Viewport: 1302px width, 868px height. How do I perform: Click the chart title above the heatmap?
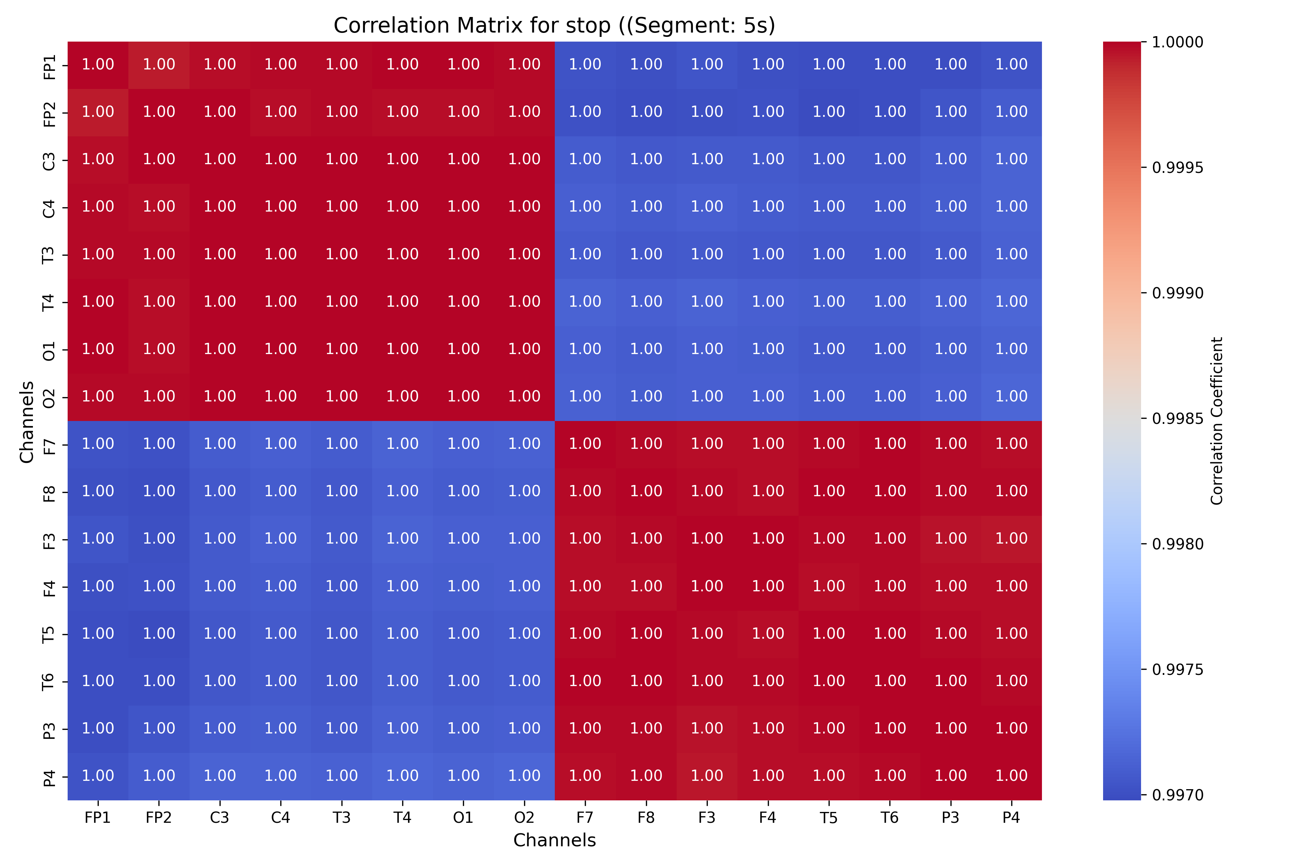(554, 25)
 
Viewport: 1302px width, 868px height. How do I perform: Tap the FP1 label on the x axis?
(98, 818)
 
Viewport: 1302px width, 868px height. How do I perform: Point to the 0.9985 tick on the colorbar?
(1178, 418)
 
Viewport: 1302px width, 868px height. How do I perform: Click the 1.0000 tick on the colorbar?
(1178, 42)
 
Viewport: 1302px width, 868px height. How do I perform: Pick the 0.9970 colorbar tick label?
(1178, 795)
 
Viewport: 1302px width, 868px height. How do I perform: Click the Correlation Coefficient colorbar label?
(1216, 421)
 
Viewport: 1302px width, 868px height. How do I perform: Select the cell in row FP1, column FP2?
(159, 65)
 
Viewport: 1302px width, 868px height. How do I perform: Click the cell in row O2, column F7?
(585, 397)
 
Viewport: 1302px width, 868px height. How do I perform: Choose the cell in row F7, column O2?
(524, 444)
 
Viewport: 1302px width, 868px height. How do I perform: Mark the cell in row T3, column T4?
(403, 255)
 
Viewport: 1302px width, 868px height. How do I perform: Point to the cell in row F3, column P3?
(950, 539)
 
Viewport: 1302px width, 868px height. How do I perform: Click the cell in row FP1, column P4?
(1011, 65)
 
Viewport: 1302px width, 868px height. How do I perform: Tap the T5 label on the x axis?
(829, 818)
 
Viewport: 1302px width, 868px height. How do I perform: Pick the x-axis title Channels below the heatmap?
(554, 840)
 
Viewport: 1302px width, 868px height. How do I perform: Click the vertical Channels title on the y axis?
(26, 422)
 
